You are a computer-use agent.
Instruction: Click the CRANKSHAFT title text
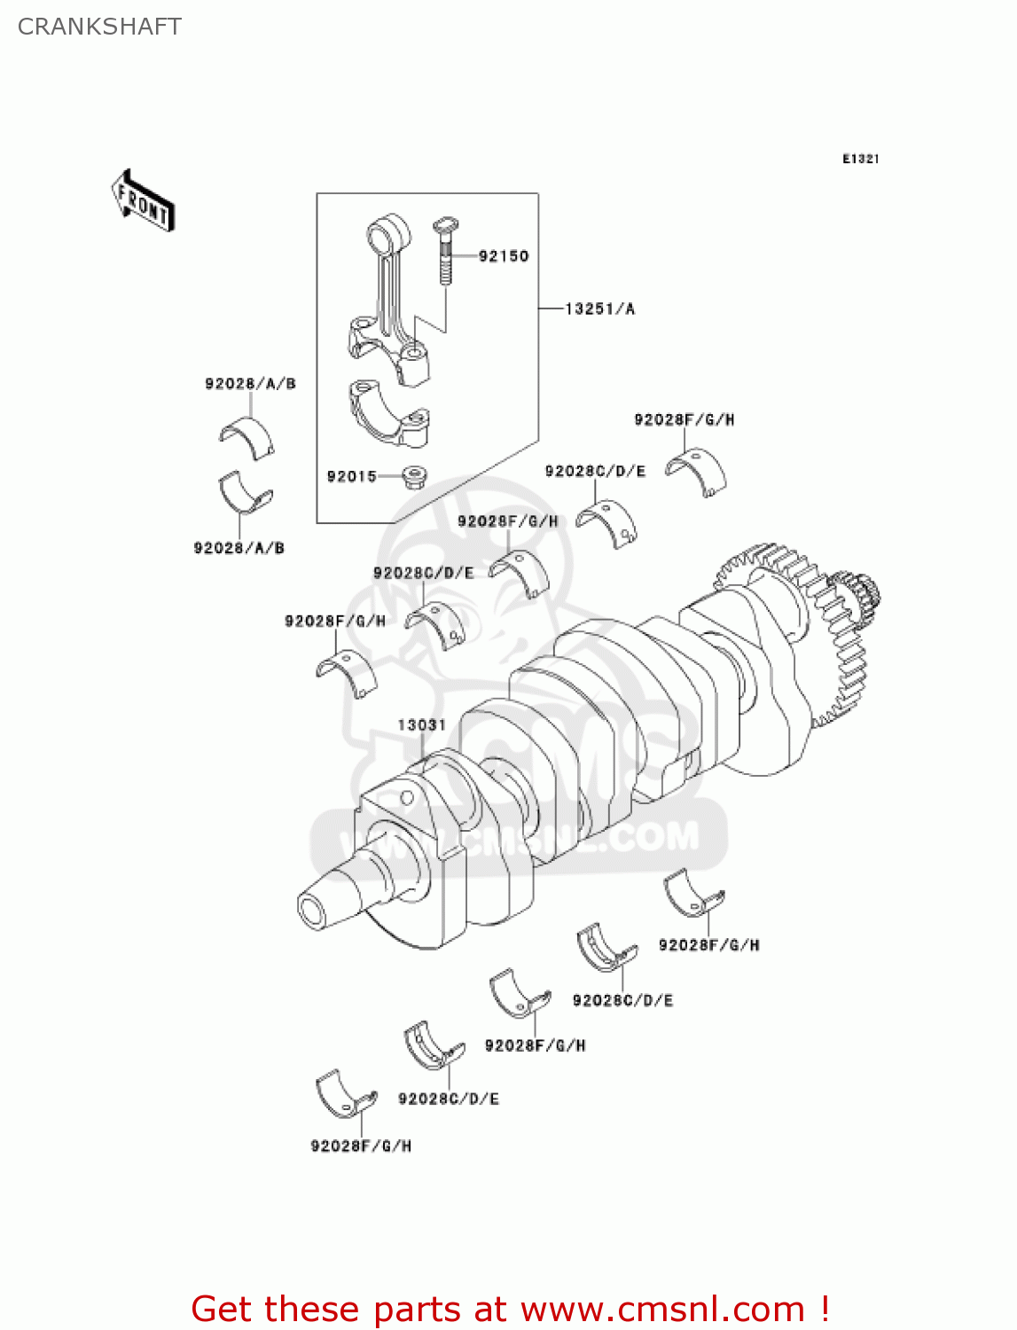99,27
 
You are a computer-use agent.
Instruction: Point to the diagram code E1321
860,159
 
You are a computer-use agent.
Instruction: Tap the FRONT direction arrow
143,201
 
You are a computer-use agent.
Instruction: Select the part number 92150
503,256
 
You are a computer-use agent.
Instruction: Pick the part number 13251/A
599,309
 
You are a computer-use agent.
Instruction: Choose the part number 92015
351,476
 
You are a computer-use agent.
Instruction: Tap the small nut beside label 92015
414,477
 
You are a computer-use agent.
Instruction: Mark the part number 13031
421,724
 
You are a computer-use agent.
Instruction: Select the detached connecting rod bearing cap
388,412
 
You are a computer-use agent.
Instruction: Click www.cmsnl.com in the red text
662,1309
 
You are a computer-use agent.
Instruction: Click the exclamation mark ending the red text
825,1309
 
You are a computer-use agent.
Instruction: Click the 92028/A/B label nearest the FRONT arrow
250,383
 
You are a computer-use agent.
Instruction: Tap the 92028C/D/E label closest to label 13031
423,573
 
